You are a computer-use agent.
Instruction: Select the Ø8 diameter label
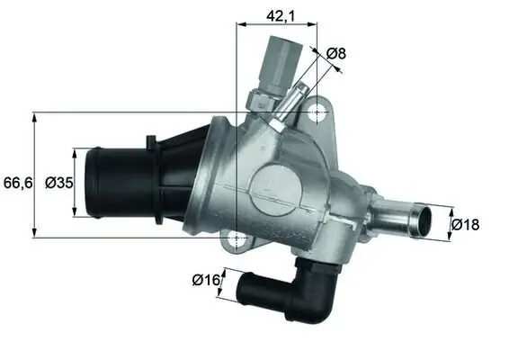click(336, 54)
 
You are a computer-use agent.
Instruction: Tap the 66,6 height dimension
click(18, 184)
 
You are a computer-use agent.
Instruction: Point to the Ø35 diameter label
click(58, 184)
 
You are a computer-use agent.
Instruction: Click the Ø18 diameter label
click(465, 224)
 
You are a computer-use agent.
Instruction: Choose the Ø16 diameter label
click(206, 280)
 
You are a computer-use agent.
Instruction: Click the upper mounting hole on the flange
click(317, 113)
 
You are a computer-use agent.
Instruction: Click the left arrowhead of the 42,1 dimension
click(239, 25)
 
